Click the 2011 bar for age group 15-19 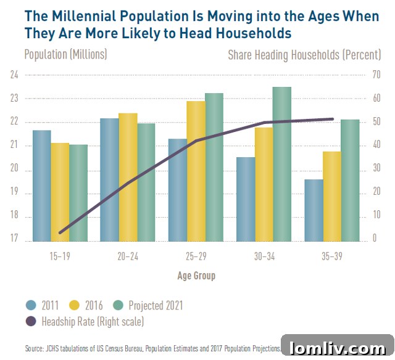(41, 185)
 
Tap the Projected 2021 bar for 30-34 (281, 163)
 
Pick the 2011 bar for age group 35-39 (314, 210)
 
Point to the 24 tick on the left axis (14, 75)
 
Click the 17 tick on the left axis (14, 241)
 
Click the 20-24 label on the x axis (128, 256)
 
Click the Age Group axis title (196, 276)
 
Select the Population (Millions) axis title (65, 54)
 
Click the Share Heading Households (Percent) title (304, 54)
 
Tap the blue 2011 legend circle (31, 305)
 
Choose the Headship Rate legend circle (31, 321)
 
